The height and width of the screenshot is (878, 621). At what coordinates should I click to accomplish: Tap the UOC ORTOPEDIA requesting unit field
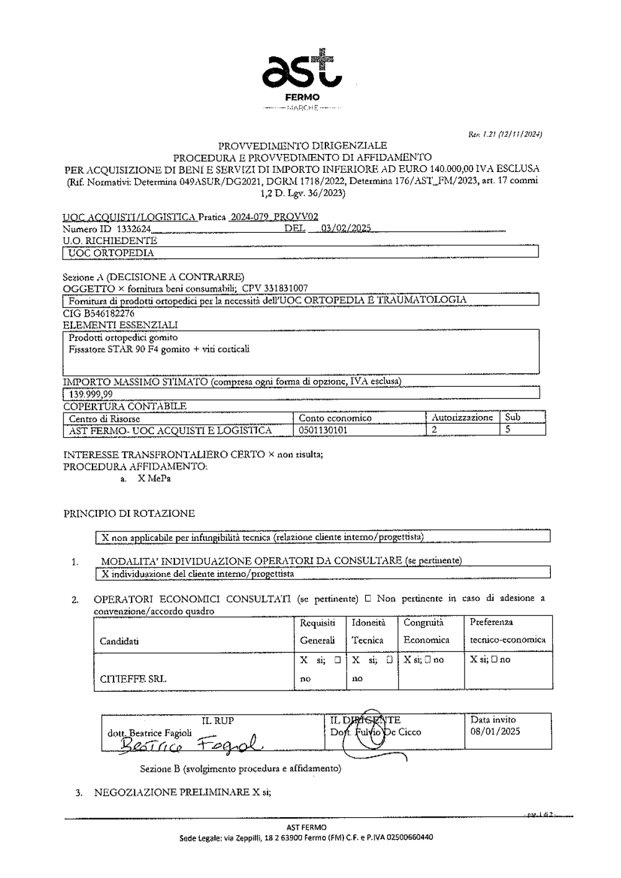tap(112, 253)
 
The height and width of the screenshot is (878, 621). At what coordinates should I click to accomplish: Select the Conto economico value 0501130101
tap(323, 430)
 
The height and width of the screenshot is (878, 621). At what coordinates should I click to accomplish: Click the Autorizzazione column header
tap(461, 418)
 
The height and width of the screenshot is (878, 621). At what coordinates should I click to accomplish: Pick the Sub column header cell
tap(512, 418)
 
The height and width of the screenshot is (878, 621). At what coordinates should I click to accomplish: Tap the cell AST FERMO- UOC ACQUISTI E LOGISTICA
tap(171, 430)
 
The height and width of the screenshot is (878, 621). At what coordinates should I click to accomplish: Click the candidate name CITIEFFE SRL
tap(133, 679)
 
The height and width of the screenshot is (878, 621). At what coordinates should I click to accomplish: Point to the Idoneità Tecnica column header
tap(368, 631)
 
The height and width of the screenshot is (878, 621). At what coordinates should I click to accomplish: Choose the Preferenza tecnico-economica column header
tap(507, 631)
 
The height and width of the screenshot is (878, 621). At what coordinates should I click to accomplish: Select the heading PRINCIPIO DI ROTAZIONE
tap(129, 514)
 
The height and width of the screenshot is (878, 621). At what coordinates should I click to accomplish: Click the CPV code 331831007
tap(285, 288)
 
